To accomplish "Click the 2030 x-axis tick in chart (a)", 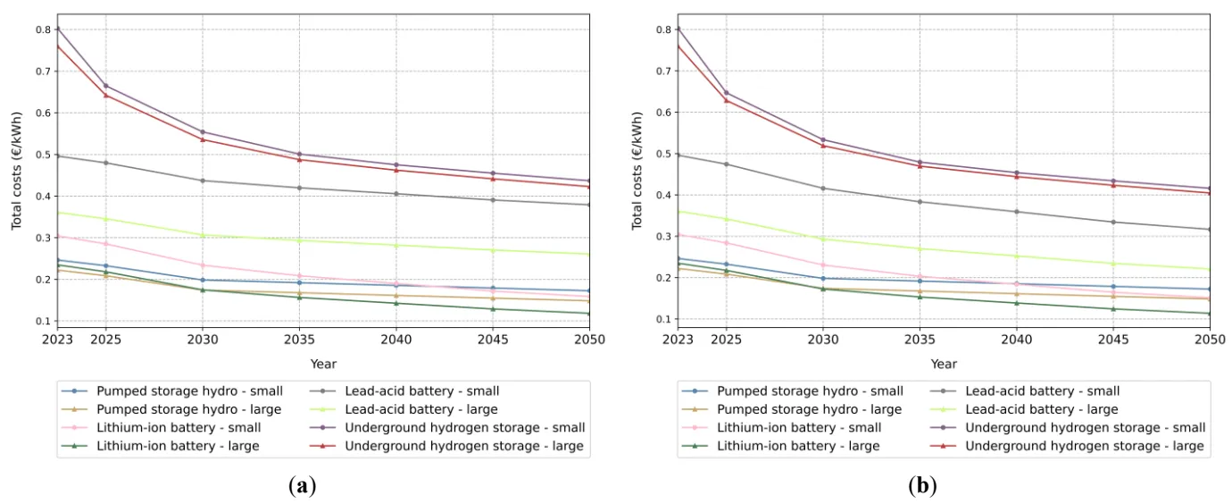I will (x=202, y=340).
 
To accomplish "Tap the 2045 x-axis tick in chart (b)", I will (x=1112, y=340).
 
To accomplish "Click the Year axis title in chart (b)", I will (x=944, y=364).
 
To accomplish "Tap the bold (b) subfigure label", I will (x=922, y=486).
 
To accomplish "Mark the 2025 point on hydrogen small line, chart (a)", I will (x=106, y=86).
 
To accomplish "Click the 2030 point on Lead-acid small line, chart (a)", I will (x=202, y=181).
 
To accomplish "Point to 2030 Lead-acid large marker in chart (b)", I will (x=823, y=239).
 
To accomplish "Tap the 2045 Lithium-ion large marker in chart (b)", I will (x=1112, y=309).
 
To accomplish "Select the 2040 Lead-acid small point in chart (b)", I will (x=1016, y=212).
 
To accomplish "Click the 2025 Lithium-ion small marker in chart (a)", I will (x=106, y=244).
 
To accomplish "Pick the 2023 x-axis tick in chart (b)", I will (x=678, y=340).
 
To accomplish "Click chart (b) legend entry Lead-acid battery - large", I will (x=1041, y=409).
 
